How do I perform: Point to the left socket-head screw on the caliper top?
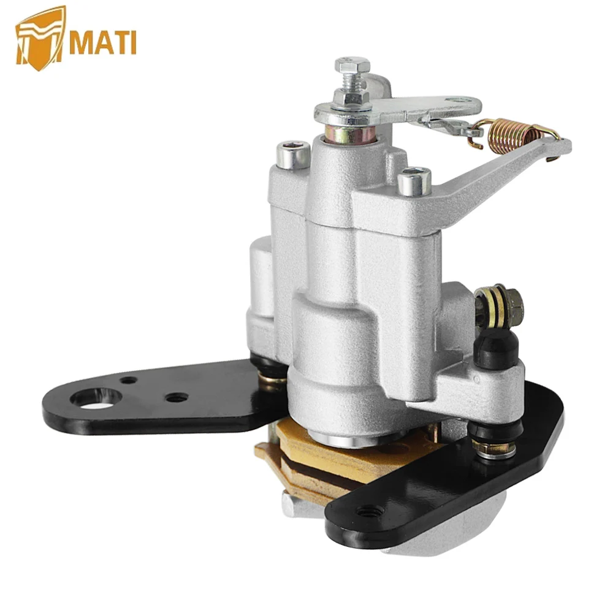[x=293, y=154]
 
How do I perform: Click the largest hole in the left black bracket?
[x=96, y=397]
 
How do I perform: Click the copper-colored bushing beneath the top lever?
[x=348, y=133]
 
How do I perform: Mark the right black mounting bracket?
[x=466, y=484]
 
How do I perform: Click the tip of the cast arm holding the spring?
[x=561, y=147]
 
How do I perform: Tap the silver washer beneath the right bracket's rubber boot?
[x=495, y=451]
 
